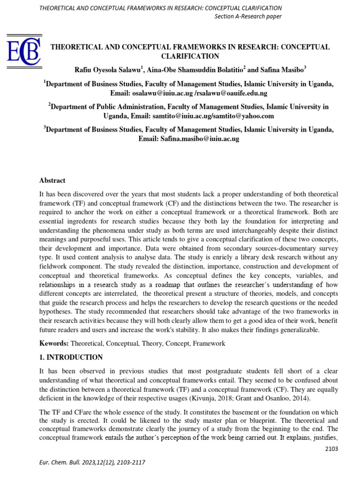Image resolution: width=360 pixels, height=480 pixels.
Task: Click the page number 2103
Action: [330, 449]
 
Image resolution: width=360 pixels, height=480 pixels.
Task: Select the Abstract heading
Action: [52, 180]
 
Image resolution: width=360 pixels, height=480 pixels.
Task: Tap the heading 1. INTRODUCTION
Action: [70, 357]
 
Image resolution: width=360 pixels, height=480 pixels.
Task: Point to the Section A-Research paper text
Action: [248, 17]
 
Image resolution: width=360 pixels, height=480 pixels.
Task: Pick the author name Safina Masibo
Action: [280, 70]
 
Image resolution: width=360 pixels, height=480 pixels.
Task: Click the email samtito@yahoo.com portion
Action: [244, 116]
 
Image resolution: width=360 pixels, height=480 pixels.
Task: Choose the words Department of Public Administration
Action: [107, 107]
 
